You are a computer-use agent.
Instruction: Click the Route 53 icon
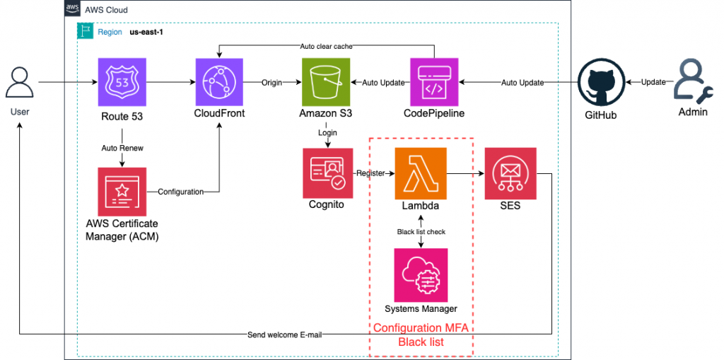click(x=122, y=82)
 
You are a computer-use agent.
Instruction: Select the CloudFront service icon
click(x=219, y=82)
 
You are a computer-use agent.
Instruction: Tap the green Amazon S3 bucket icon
click(x=325, y=82)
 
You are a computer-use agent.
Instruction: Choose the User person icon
click(x=20, y=83)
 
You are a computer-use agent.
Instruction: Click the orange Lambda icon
click(x=421, y=173)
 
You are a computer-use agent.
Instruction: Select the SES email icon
click(x=510, y=173)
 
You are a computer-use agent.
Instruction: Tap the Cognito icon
click(x=326, y=173)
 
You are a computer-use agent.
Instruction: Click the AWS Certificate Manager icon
click(x=122, y=192)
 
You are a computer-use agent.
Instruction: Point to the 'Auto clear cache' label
click(x=326, y=46)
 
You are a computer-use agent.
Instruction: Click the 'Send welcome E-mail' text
click(x=284, y=334)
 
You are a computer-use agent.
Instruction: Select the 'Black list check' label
click(x=421, y=231)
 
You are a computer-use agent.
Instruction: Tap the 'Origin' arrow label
click(x=272, y=83)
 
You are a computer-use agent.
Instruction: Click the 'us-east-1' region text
click(x=147, y=32)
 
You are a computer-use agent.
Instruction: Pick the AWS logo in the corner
click(x=72, y=9)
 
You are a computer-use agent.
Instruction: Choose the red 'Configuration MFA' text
click(x=421, y=328)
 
